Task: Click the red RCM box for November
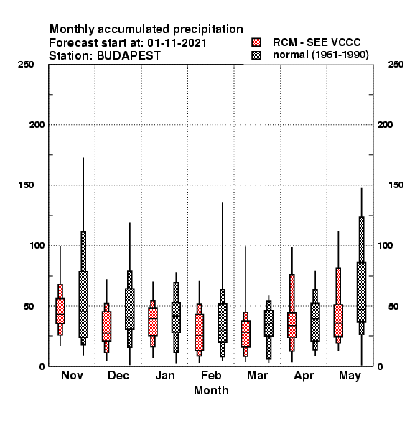[x=60, y=310]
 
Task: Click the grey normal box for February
[x=223, y=323]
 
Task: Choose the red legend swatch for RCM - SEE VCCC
[x=256, y=42]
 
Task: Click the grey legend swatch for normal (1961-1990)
[x=256, y=55]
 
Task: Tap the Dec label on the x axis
[x=118, y=375]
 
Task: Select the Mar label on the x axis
[x=257, y=375]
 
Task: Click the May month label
[x=350, y=376]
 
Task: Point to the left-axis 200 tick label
[x=37, y=125]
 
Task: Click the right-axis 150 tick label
[x=396, y=185]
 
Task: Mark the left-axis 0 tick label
[x=42, y=366]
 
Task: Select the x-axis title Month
[x=211, y=390]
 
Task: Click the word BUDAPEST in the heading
[x=129, y=56]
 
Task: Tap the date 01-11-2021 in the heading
[x=177, y=43]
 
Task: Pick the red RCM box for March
[x=246, y=334]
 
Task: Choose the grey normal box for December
[x=130, y=309]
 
